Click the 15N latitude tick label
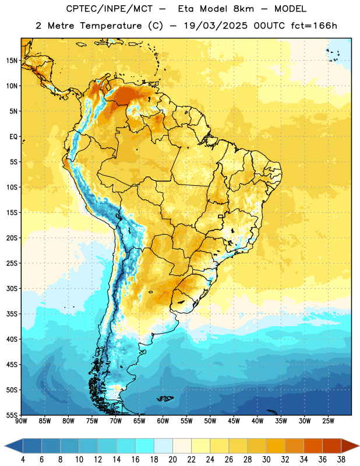point(12,61)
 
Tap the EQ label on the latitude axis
point(13,137)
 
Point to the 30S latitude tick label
point(12,288)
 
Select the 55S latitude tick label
point(12,415)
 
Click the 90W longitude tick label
point(21,421)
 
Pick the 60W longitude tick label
point(163,421)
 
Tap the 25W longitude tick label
point(328,421)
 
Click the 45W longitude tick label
point(234,421)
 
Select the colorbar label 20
point(172,460)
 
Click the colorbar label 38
point(341,460)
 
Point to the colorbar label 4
point(23,460)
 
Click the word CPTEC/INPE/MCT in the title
point(110,9)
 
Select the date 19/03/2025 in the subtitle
point(216,26)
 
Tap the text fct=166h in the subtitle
point(314,26)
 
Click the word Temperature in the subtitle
point(111,26)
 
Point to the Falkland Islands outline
point(165,398)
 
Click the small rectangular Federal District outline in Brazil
point(221,216)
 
